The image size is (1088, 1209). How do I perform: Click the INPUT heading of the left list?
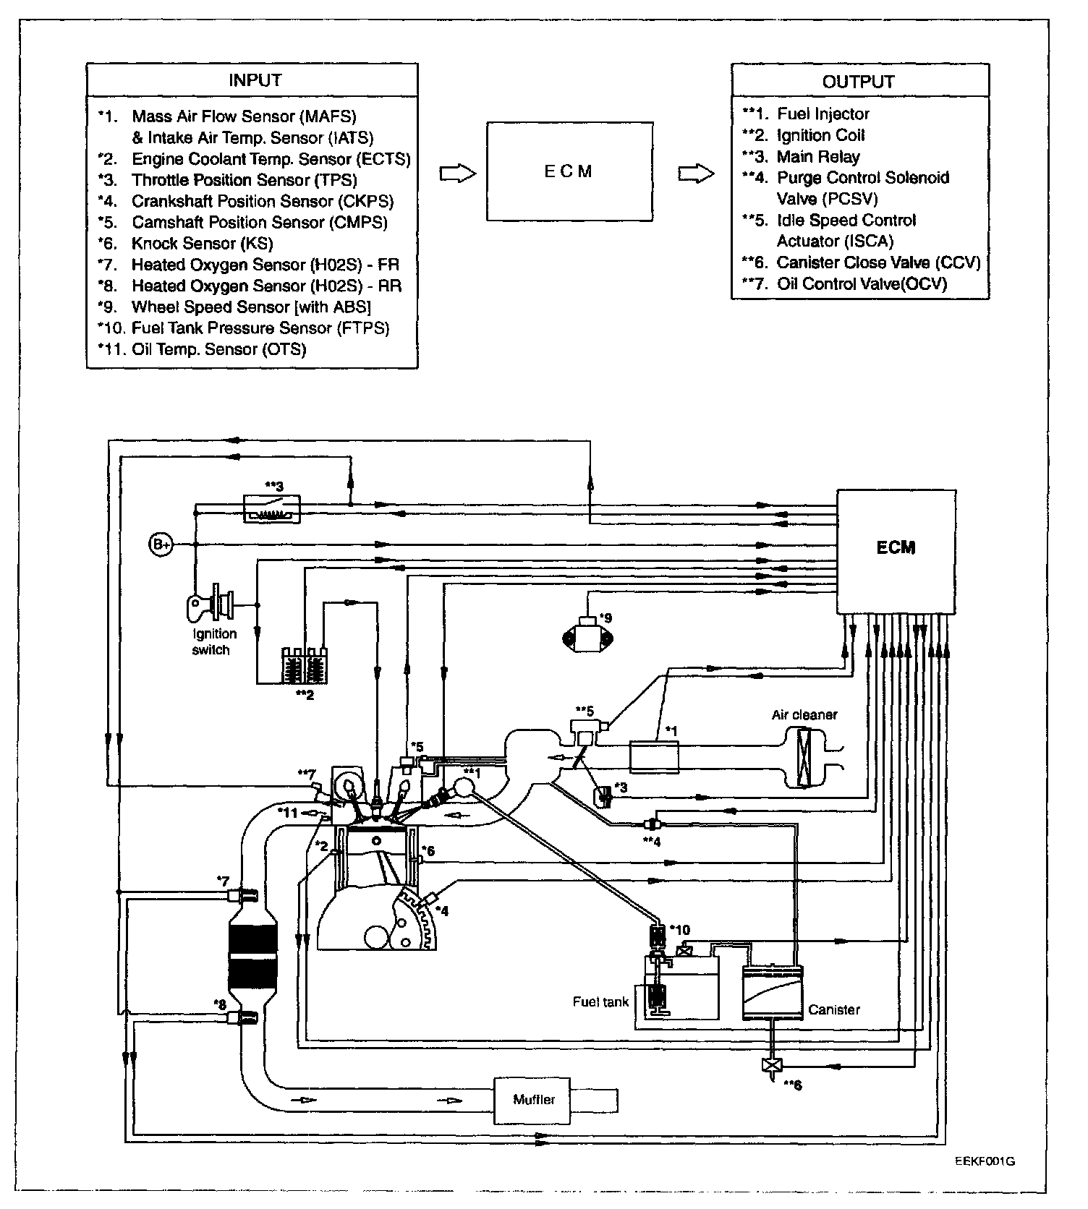pos(255,80)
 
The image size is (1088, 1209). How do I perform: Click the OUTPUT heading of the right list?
pos(858,82)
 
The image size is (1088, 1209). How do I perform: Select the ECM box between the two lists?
pos(568,171)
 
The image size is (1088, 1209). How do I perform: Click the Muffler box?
pos(534,1100)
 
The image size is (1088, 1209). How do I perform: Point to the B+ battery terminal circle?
pos(161,544)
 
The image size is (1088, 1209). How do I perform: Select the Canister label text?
pos(834,1009)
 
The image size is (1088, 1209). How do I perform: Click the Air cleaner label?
pos(804,714)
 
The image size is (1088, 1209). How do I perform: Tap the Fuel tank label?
pos(600,1001)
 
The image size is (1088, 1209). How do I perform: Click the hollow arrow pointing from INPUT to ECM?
pos(457,174)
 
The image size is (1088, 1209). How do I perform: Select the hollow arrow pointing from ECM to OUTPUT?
pos(696,174)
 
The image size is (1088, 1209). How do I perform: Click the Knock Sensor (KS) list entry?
pos(202,244)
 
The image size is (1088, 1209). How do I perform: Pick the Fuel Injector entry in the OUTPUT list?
pos(823,114)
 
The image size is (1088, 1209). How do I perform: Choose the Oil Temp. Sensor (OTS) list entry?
pos(218,349)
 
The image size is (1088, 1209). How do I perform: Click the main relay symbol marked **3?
pos(272,508)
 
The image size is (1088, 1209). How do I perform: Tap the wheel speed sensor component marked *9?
pos(587,636)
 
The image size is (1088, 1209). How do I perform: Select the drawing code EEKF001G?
pos(985,1162)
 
